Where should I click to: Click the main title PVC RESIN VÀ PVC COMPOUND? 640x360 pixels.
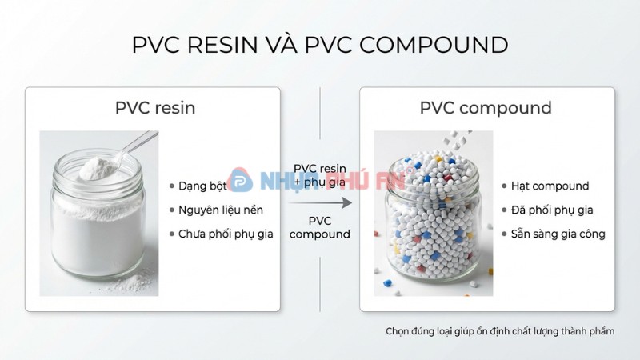(320, 45)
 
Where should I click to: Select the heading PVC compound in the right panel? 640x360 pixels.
(486, 107)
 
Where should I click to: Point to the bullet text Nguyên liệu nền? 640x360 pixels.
(220, 210)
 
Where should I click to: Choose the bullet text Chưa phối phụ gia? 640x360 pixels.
(226, 234)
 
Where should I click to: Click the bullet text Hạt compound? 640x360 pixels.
(550, 186)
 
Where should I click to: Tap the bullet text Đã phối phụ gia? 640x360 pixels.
(551, 210)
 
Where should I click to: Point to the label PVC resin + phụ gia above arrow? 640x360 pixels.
(320, 175)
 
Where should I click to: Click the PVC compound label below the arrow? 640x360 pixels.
(320, 227)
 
